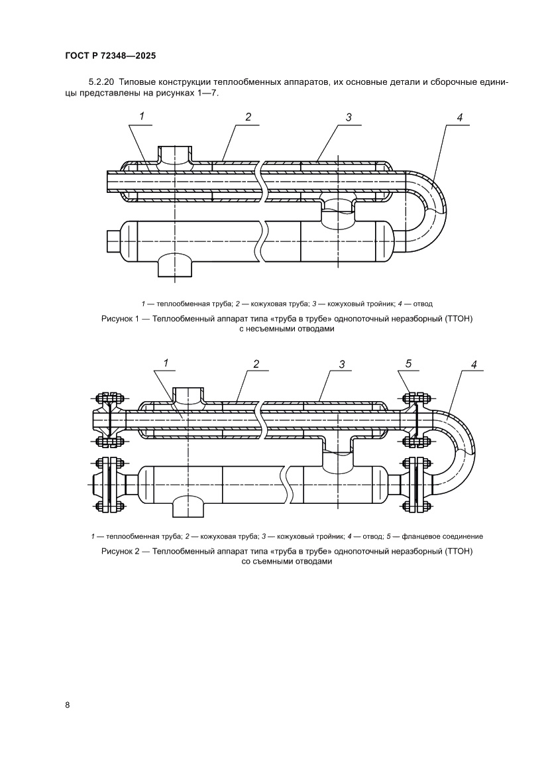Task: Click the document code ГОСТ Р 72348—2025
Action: [111, 56]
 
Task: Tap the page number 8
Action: [68, 704]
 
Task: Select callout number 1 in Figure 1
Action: [141, 116]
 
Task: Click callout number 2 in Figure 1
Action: [248, 117]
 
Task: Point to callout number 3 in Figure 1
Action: [348, 117]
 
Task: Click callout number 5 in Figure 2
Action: [409, 363]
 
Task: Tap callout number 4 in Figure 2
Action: [474, 364]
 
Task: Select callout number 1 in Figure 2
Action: [166, 362]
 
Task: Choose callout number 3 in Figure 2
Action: [342, 363]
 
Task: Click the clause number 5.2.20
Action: [101, 82]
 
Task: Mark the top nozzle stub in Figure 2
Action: [189, 396]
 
